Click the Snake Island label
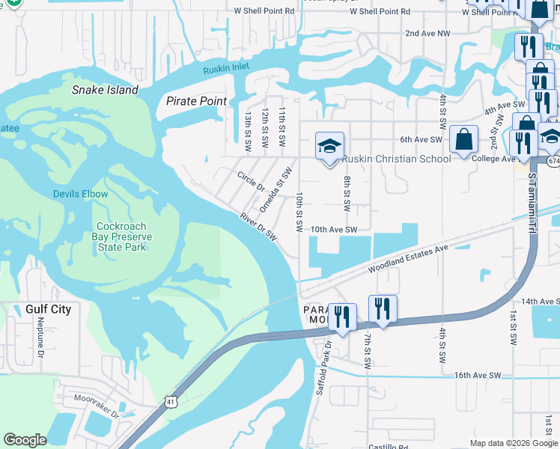click(x=105, y=90)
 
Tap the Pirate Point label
click(x=196, y=101)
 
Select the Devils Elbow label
click(x=80, y=194)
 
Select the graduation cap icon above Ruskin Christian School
click(x=329, y=146)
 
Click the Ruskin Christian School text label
click(x=396, y=159)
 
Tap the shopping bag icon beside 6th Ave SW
click(x=464, y=139)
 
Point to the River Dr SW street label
click(x=259, y=227)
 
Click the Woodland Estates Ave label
click(x=407, y=259)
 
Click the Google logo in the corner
click(x=25, y=440)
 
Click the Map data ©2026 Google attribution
click(x=513, y=443)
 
